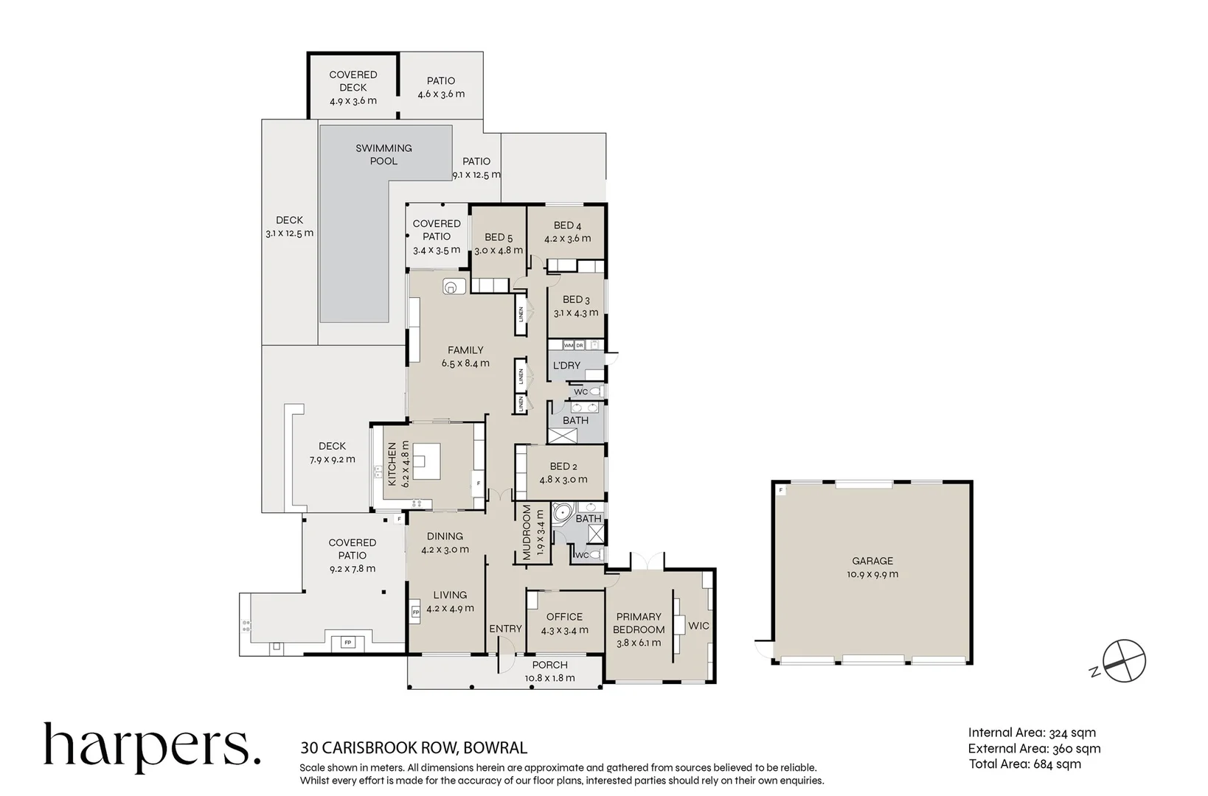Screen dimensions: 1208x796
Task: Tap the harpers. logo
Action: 152,747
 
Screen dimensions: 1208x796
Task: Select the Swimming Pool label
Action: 383,155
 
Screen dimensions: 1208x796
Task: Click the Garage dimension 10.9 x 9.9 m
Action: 872,574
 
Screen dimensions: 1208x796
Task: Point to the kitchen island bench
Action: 426,461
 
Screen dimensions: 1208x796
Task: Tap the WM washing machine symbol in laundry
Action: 569,345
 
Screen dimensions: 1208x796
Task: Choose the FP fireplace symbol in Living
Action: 415,612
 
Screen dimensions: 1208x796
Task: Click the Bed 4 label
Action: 567,226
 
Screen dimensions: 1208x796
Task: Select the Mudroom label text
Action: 527,532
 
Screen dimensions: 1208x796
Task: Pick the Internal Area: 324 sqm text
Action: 1032,733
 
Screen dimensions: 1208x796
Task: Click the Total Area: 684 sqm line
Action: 1025,764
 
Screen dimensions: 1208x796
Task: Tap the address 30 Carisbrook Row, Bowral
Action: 414,748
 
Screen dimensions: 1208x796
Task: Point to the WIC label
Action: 699,626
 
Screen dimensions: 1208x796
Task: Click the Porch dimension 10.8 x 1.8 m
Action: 550,678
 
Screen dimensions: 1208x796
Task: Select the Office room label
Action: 565,617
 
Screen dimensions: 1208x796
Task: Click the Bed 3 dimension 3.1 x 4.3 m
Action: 576,313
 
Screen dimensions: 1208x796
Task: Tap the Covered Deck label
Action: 353,81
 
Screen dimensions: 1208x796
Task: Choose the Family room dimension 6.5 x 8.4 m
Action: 465,363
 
